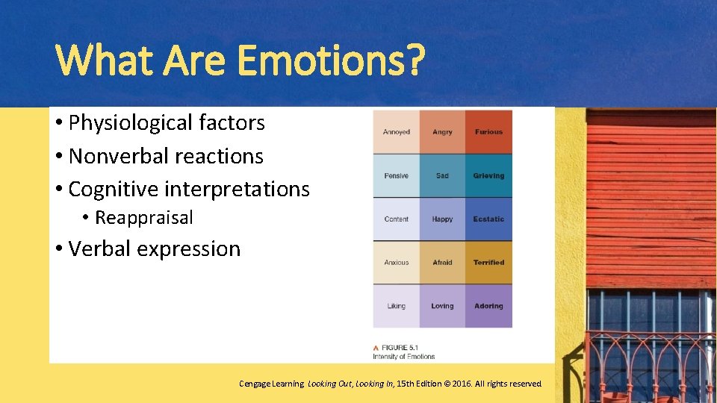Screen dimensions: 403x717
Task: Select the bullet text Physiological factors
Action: click(x=166, y=123)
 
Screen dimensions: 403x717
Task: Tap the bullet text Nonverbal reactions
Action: click(x=165, y=157)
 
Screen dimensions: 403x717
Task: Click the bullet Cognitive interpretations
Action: click(x=188, y=190)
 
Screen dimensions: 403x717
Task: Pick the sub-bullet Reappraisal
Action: click(x=143, y=218)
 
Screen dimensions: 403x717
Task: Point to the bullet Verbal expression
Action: click(x=154, y=249)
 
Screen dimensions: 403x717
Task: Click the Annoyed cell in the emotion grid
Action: click(x=396, y=132)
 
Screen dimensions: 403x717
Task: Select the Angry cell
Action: click(x=442, y=132)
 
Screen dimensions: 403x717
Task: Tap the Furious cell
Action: click(x=488, y=132)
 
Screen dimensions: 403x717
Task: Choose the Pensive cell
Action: click(x=396, y=175)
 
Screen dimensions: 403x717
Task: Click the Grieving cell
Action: click(x=488, y=175)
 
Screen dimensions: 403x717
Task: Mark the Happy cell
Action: click(x=442, y=219)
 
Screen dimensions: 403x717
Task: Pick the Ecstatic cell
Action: click(x=488, y=219)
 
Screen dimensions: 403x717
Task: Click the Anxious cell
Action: click(x=396, y=262)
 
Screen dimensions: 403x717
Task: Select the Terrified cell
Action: click(x=488, y=262)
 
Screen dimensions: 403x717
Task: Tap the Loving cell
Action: click(x=442, y=306)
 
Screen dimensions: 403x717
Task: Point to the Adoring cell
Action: click(x=488, y=306)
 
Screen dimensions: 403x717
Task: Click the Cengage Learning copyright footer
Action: click(x=390, y=384)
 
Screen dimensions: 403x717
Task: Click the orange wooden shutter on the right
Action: click(x=650, y=198)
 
